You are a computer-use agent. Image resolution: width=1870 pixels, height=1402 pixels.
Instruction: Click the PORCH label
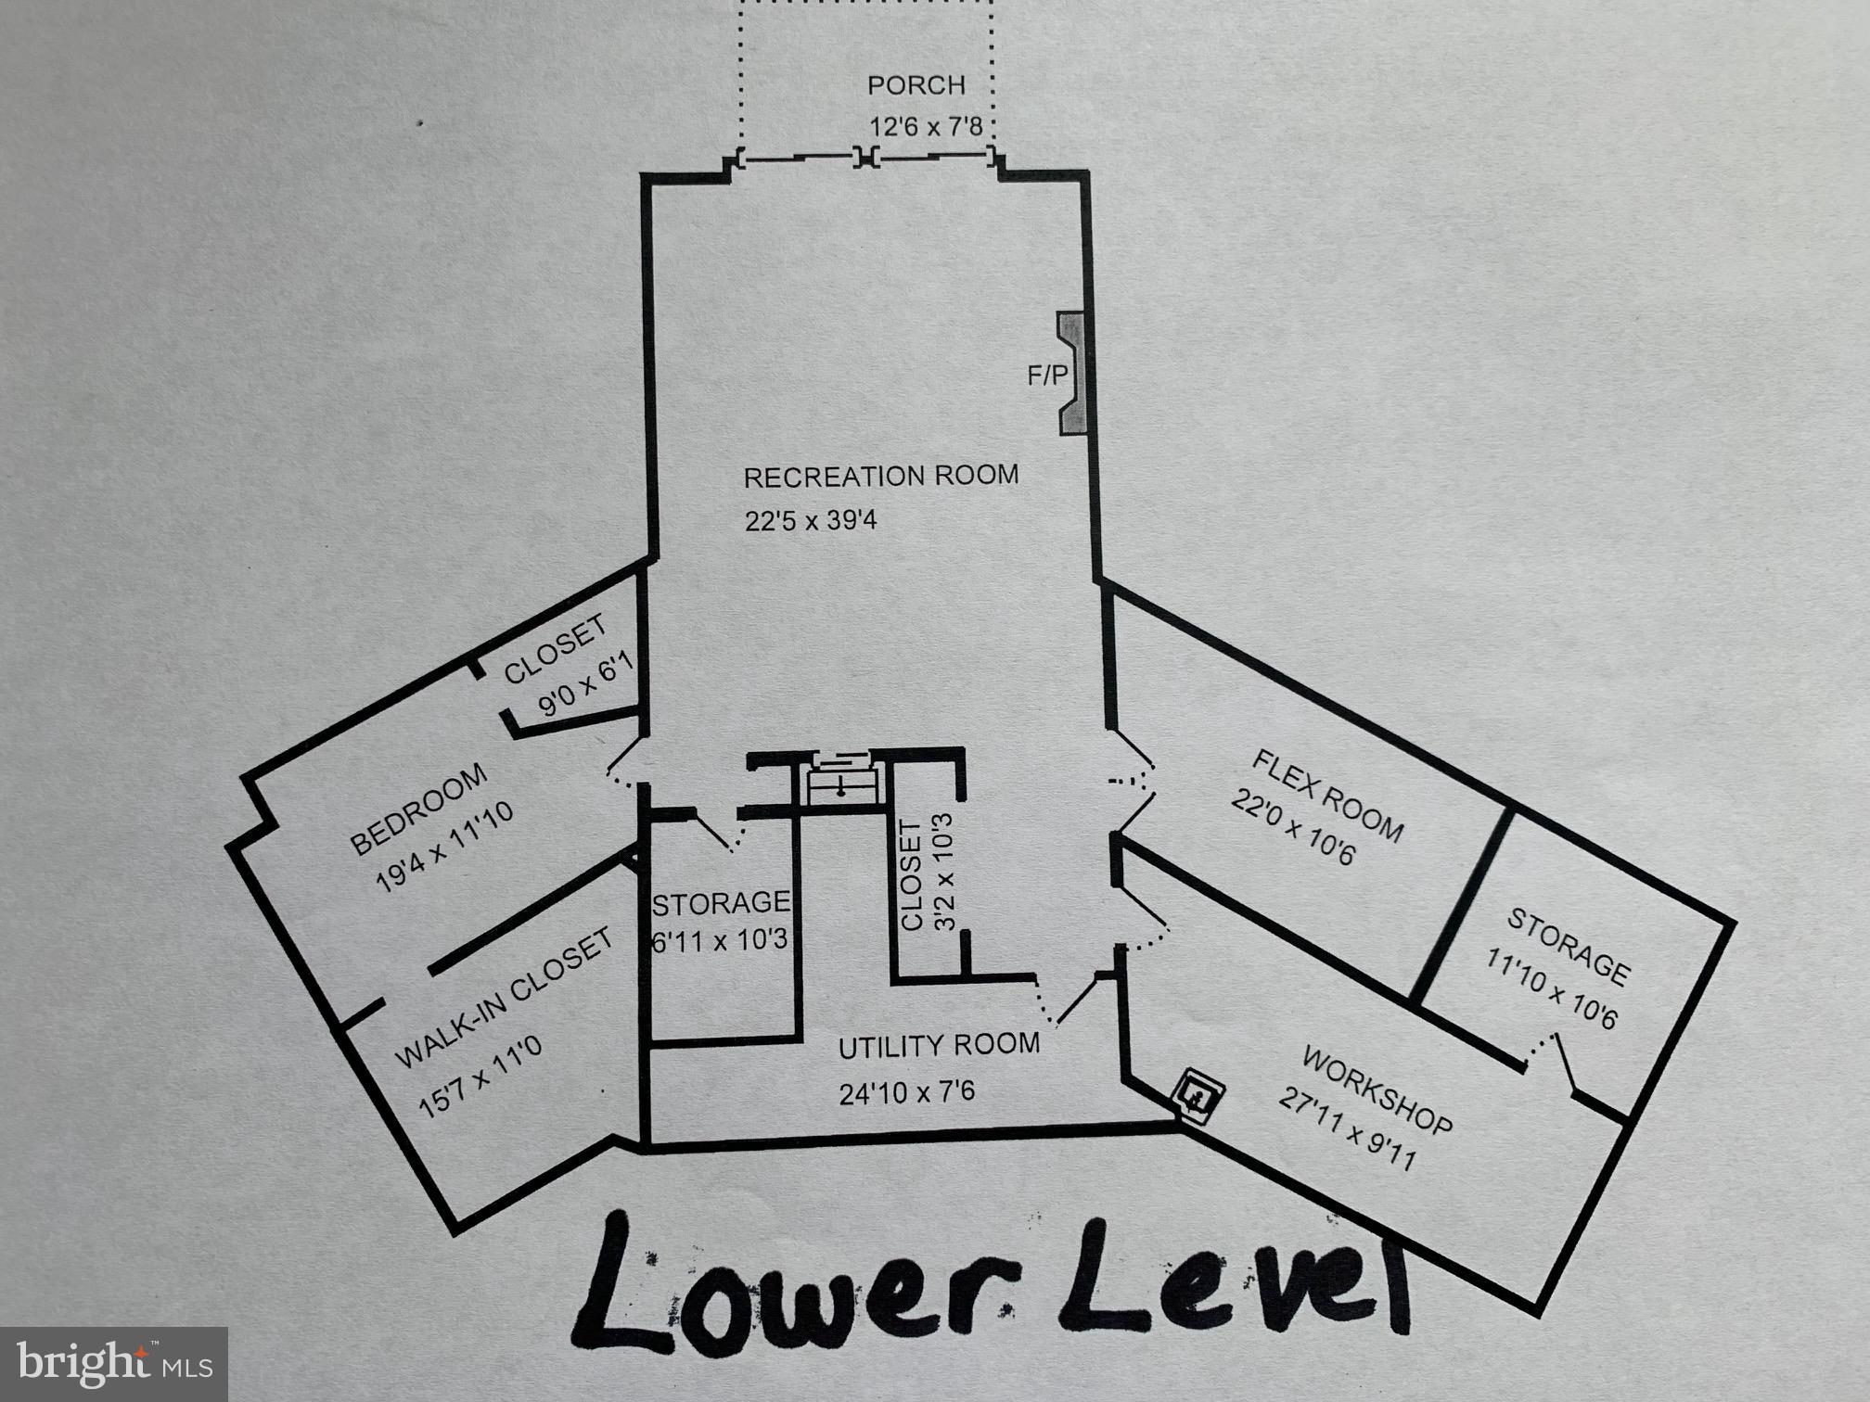point(916,85)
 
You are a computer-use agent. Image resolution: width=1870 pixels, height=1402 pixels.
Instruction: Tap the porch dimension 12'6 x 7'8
point(925,126)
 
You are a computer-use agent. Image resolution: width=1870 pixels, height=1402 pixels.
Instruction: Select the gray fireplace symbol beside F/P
point(1073,374)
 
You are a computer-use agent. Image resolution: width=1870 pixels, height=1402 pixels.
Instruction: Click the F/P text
point(1046,376)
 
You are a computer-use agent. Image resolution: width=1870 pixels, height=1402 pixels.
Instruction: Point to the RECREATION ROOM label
point(880,477)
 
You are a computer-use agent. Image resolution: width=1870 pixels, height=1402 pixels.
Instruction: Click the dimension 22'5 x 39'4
point(810,520)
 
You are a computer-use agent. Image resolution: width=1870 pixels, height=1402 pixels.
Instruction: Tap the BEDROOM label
point(418,809)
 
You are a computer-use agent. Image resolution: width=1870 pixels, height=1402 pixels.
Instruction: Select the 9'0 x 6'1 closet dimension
point(586,684)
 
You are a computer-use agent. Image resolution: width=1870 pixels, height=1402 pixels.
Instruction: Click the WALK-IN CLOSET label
point(504,998)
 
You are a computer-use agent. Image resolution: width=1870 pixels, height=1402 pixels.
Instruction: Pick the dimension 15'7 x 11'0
point(480,1078)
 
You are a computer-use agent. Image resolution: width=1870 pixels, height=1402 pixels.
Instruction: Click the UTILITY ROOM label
point(939,1046)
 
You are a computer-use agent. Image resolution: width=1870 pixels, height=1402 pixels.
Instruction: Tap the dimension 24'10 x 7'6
point(906,1093)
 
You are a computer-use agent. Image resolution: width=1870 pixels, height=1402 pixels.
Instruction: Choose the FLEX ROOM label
point(1326,796)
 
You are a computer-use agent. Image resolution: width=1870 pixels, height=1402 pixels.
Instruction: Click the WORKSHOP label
point(1377,1090)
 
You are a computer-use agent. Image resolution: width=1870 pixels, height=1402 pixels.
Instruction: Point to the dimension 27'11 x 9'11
point(1347,1129)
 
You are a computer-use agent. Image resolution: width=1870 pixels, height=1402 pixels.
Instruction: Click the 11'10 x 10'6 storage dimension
point(1551,988)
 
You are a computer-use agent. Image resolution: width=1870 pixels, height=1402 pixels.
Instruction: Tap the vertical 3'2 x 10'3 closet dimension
point(942,872)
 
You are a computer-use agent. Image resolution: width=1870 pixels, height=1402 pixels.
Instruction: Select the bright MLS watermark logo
point(113,1364)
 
